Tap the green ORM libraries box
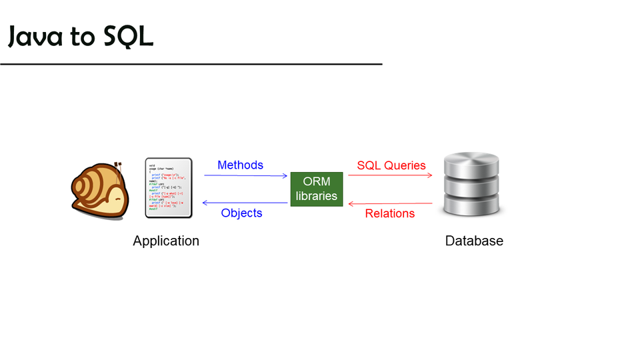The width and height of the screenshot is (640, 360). click(x=317, y=189)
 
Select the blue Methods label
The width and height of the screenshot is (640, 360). click(x=240, y=165)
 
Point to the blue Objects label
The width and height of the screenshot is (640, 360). click(x=241, y=213)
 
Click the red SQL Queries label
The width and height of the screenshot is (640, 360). click(x=391, y=165)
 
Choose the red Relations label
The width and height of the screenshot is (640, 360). click(x=390, y=213)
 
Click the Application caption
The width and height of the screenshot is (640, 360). click(x=166, y=241)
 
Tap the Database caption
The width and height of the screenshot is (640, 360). click(x=474, y=241)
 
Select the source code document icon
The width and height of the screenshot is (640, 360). click(x=169, y=187)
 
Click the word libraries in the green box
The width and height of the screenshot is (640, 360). click(x=317, y=196)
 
